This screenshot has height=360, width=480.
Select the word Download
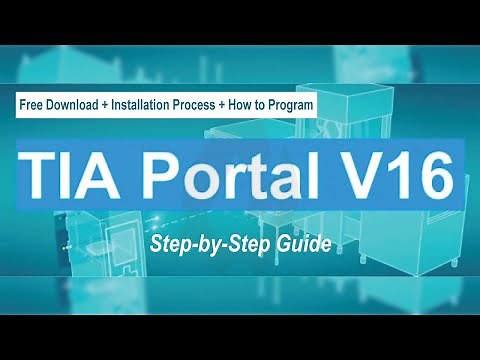(x=77, y=105)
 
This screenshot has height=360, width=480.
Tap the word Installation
(x=150, y=105)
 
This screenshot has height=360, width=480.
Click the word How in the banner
(x=252, y=105)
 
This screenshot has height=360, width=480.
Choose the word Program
(x=292, y=105)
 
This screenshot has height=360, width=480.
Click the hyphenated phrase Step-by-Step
(x=214, y=243)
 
